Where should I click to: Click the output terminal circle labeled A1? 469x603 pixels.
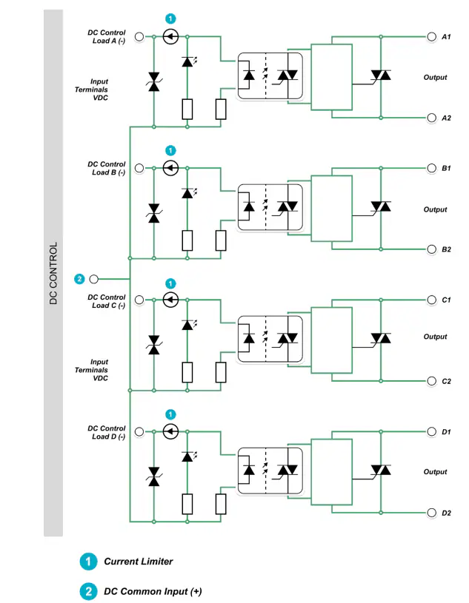(432, 36)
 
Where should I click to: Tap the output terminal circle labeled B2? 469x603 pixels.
(432, 249)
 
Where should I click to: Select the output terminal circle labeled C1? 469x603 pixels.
(432, 300)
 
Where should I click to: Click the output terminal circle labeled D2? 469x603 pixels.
(432, 513)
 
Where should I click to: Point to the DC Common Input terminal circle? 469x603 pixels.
(93, 279)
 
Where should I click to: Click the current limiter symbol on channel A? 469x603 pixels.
(170, 36)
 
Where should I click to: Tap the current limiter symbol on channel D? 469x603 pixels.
(170, 431)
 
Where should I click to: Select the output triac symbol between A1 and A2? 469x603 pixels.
(381, 75)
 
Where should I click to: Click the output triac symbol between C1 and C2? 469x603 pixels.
(381, 338)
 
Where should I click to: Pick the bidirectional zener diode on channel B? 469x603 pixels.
(154, 213)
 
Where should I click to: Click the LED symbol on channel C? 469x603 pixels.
(189, 325)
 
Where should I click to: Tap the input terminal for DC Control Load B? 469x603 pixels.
(139, 168)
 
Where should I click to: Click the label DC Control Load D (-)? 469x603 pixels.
(106, 432)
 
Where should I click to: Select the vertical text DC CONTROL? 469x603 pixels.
(53, 273)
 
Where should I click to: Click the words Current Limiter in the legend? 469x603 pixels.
(139, 562)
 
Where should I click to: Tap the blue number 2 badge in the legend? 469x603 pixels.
(89, 591)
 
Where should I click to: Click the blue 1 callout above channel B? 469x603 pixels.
(170, 150)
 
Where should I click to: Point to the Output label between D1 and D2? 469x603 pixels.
(435, 472)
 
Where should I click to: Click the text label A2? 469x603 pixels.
(446, 118)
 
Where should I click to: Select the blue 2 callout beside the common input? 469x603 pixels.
(79, 279)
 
